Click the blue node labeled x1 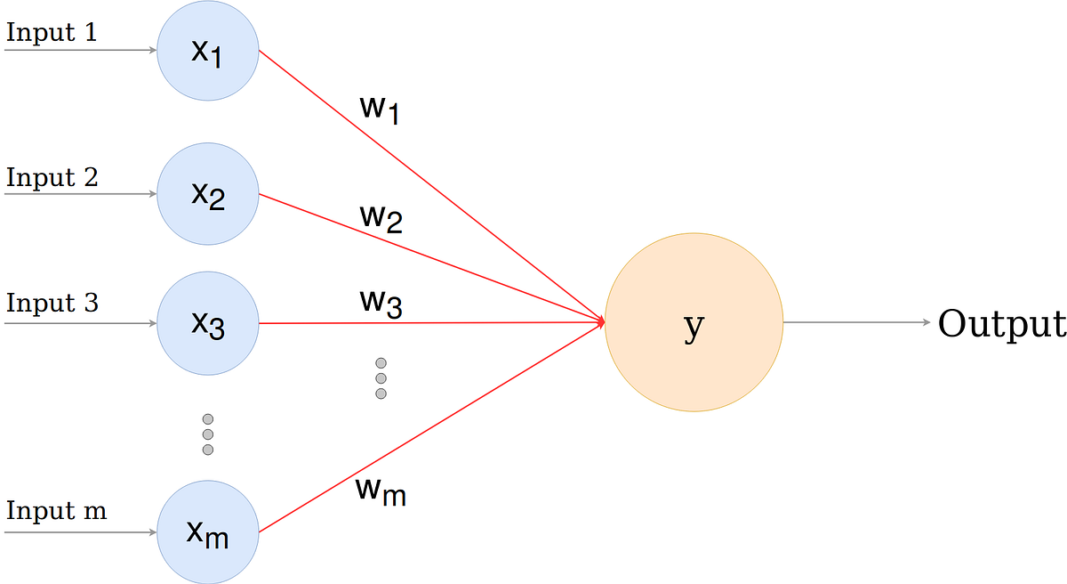(208, 51)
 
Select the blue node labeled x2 (208, 195)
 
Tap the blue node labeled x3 (208, 323)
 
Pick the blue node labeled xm (208, 532)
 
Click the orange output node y (694, 323)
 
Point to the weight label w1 (380, 108)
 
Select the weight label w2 (381, 217)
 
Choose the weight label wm (381, 490)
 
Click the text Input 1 (51, 33)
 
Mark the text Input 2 (52, 177)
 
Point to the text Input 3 (52, 303)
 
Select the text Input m (56, 512)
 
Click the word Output (1001, 324)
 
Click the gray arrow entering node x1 (80, 51)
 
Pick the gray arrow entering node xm (80, 532)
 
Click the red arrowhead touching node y (600, 322)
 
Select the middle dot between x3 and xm (208, 434)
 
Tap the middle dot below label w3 (381, 378)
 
